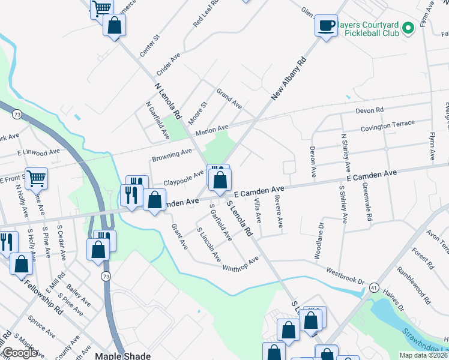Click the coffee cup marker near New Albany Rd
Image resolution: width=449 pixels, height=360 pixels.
click(326, 26)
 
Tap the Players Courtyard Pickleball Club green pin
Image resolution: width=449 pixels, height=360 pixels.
click(408, 28)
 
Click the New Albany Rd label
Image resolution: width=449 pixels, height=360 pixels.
click(289, 78)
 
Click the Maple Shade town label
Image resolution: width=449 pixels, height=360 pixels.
click(122, 355)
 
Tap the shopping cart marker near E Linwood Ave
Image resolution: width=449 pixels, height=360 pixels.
click(37, 178)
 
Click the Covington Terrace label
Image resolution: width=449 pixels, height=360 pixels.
click(387, 125)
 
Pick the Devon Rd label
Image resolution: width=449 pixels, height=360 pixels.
click(369, 111)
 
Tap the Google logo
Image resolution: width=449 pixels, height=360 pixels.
click(19, 353)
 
